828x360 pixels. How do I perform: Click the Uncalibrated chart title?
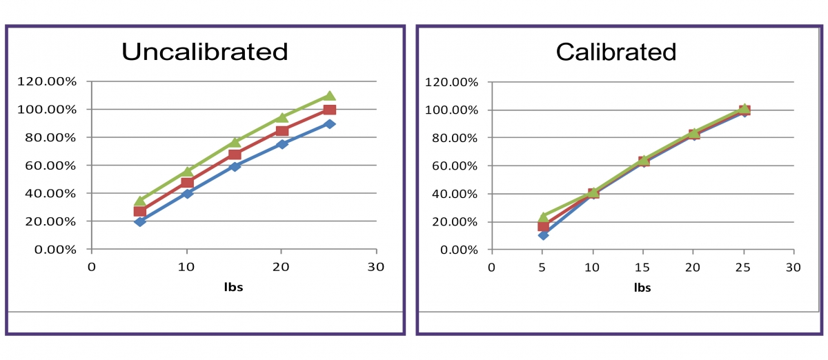pos(204,52)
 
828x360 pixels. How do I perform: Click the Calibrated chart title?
pos(616,52)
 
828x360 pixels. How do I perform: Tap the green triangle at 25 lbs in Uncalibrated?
pos(330,96)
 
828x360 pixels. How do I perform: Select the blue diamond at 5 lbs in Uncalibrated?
pos(140,221)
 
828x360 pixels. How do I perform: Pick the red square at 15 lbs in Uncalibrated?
pos(235,154)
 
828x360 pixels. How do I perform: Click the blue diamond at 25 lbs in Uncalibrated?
pos(330,124)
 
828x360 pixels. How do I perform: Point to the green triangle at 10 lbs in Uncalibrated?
pos(188,172)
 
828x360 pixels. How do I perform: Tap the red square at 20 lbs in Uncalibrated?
pos(282,131)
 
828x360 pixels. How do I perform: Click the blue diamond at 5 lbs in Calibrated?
pos(543,235)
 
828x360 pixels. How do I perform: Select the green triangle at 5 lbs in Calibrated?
pos(543,217)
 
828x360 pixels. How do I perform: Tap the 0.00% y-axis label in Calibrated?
pos(453,250)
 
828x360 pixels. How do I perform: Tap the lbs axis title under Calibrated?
pos(642,288)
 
